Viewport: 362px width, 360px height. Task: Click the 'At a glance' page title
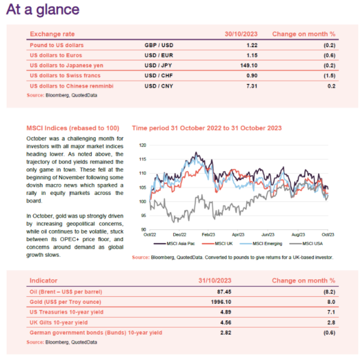[43, 10]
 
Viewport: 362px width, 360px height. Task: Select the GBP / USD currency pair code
[159, 45]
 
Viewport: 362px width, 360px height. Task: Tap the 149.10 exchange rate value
[249, 66]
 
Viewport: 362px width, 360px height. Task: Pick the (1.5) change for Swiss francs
[329, 76]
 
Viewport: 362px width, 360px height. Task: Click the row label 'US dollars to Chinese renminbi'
[72, 86]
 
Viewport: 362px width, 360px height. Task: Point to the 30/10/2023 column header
[241, 34]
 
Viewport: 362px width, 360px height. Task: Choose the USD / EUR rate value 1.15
[252, 55]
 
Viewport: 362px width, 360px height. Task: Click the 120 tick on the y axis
[142, 145]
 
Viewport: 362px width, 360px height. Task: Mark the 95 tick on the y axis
[144, 215]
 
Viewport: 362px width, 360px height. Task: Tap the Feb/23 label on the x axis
[208, 235]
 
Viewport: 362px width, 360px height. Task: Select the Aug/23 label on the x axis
[298, 235]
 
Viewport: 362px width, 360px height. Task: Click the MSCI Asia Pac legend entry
[174, 244]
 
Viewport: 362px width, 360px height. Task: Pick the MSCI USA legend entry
[306, 244]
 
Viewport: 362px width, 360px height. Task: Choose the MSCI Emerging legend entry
[261, 244]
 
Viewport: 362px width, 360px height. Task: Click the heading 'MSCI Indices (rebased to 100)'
[73, 128]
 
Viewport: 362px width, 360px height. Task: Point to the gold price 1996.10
[221, 302]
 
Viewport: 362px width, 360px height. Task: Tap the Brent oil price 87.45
[224, 292]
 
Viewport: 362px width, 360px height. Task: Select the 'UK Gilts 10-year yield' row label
[59, 323]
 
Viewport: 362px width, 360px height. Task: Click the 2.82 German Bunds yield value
[226, 333]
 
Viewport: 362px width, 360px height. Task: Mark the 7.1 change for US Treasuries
[331, 312]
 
